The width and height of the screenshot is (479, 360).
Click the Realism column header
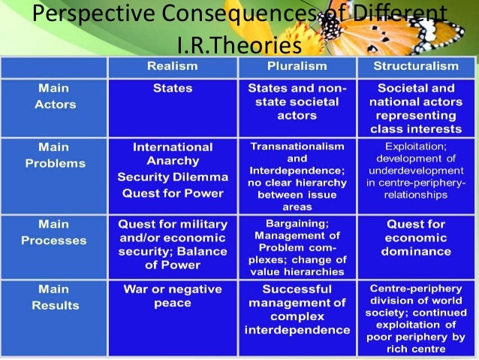[172, 67]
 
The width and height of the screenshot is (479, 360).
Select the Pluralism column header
[297, 67]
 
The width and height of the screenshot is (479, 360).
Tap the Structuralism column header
[415, 67]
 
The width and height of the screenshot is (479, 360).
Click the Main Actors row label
[55, 96]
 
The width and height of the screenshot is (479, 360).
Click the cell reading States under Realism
[172, 89]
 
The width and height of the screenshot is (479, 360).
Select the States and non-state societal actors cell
[297, 102]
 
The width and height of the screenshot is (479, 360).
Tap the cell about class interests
[415, 109]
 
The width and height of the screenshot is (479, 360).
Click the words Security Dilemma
[172, 177]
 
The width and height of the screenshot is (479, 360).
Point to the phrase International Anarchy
[172, 154]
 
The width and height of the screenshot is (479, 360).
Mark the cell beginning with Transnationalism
[297, 176]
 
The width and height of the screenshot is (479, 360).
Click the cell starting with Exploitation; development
[415, 170]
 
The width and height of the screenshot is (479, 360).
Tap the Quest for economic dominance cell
[415, 237]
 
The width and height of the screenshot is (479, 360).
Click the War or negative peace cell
[172, 296]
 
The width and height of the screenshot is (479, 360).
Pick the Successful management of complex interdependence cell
[297, 310]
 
